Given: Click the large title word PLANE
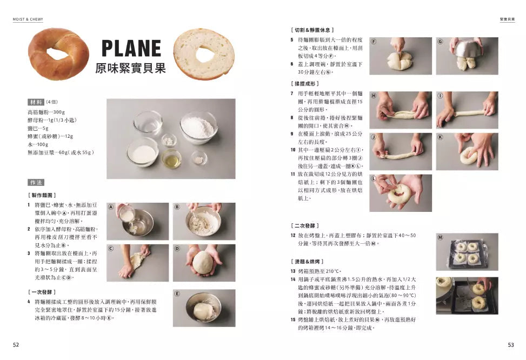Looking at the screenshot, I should click(131, 49).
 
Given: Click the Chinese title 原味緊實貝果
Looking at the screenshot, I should click(130, 68).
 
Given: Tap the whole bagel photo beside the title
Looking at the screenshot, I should click(58, 54).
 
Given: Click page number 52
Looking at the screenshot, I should click(16, 344).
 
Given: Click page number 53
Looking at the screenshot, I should click(511, 344).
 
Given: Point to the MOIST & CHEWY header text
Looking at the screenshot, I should click(28, 19).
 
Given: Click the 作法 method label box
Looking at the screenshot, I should click(36, 183).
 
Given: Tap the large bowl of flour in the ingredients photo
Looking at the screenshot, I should click(198, 128).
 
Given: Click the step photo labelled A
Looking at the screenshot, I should click(138, 221).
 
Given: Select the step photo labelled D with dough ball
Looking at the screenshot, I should click(204, 262).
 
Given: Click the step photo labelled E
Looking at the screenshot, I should click(204, 308).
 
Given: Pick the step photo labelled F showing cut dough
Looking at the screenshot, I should click(401, 56).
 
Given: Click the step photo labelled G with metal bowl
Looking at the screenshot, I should click(467, 56).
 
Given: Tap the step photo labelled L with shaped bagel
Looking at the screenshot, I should click(401, 192).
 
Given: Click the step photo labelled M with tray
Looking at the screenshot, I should click(467, 252).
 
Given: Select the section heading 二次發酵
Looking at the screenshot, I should click(306, 225).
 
